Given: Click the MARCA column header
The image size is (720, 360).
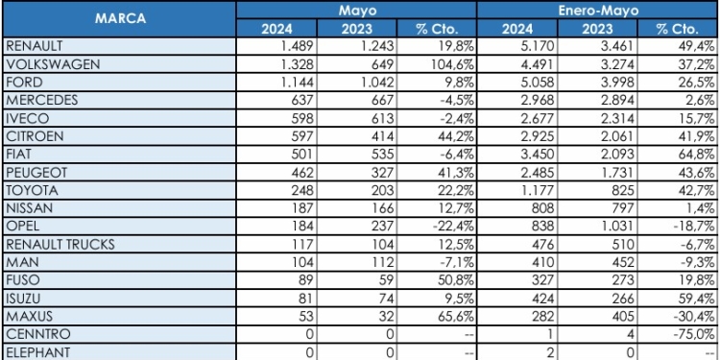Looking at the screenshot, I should [119, 18].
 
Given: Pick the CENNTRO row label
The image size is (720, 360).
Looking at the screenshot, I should [36, 333].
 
